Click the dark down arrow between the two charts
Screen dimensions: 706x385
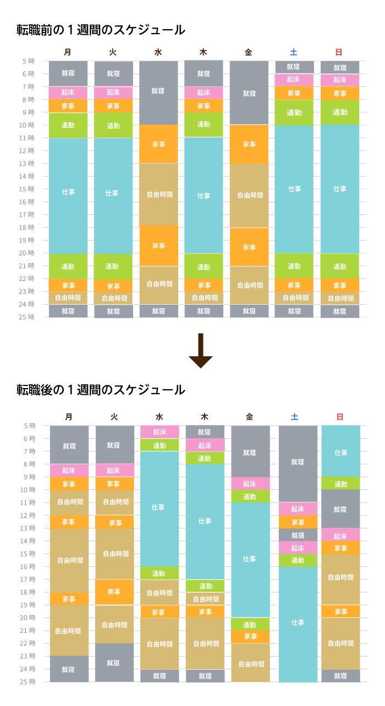[x=200, y=351]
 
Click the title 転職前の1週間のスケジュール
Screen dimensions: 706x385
[x=101, y=30]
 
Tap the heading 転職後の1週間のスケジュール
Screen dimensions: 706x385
[x=101, y=390]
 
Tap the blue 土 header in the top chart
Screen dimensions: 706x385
[x=294, y=52]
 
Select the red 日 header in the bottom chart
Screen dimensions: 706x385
[x=339, y=417]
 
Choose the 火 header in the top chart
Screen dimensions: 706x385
[x=113, y=52]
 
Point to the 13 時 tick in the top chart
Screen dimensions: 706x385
[x=28, y=163]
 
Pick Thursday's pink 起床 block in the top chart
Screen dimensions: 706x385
[x=204, y=92]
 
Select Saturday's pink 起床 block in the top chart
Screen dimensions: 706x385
[x=294, y=80]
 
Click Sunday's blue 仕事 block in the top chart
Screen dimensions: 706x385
[x=339, y=189]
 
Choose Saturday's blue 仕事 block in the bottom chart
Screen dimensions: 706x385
[x=298, y=624]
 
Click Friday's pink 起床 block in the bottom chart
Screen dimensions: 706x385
[x=250, y=483]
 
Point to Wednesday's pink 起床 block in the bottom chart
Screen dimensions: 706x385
[x=159, y=432]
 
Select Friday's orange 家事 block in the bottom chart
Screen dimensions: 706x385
[x=250, y=636]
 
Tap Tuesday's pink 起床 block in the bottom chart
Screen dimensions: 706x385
[x=114, y=470]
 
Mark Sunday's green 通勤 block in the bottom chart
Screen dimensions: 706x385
[x=340, y=483]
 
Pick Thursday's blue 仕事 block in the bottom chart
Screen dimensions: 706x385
[x=205, y=521]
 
